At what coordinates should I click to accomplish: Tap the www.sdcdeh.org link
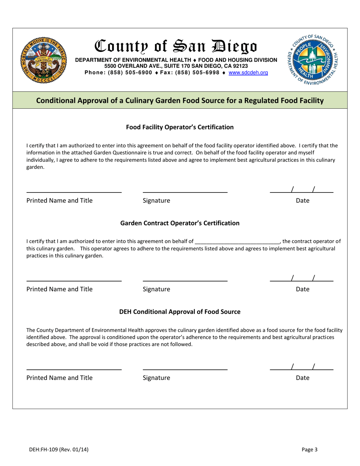coord(249,72)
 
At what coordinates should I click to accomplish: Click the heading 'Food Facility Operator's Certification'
coord(180,127)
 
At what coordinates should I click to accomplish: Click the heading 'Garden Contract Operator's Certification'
coord(180,223)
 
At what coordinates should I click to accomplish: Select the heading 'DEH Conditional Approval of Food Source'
coord(180,312)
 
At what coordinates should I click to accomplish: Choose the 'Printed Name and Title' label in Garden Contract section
coord(59,289)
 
